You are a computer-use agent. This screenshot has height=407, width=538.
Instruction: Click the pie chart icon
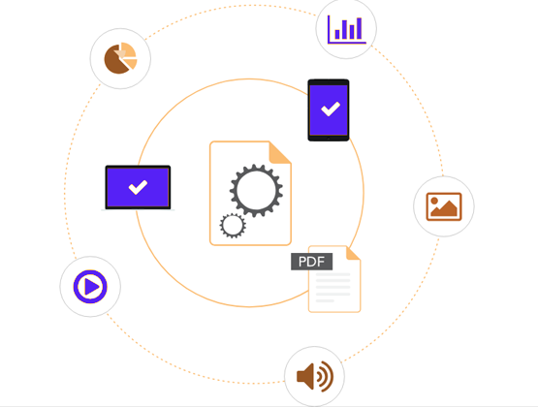(x=120, y=58)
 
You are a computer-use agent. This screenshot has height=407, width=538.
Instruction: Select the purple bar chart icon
(x=346, y=29)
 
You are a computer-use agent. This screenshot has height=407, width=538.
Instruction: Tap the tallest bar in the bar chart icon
(x=360, y=28)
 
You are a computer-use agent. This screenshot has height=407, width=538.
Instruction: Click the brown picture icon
(x=444, y=206)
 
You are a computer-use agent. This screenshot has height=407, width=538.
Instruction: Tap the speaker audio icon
(x=315, y=377)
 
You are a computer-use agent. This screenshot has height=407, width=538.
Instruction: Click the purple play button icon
(x=90, y=287)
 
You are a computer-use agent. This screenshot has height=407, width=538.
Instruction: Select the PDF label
(x=311, y=262)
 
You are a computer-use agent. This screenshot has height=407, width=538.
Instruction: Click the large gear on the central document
(x=256, y=191)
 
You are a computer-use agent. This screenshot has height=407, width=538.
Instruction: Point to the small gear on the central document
(x=233, y=226)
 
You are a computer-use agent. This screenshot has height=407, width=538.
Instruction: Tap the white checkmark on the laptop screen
(x=138, y=187)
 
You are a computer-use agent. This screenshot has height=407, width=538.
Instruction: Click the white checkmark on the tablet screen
(x=331, y=110)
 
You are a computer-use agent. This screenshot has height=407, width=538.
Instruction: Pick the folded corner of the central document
(x=280, y=152)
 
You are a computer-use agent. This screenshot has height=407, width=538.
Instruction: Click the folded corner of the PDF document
(x=353, y=253)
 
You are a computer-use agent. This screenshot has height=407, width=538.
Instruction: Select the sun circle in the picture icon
(x=434, y=201)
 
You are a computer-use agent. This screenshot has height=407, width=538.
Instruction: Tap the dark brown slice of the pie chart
(x=116, y=60)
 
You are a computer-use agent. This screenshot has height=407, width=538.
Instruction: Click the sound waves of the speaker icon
(x=325, y=377)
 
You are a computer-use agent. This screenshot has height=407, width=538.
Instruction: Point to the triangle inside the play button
(x=92, y=287)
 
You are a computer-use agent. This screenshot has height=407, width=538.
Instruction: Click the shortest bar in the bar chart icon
(x=337, y=34)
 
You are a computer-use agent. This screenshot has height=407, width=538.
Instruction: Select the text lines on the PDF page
(x=332, y=288)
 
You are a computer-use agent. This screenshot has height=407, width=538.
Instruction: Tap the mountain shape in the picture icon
(x=444, y=208)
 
